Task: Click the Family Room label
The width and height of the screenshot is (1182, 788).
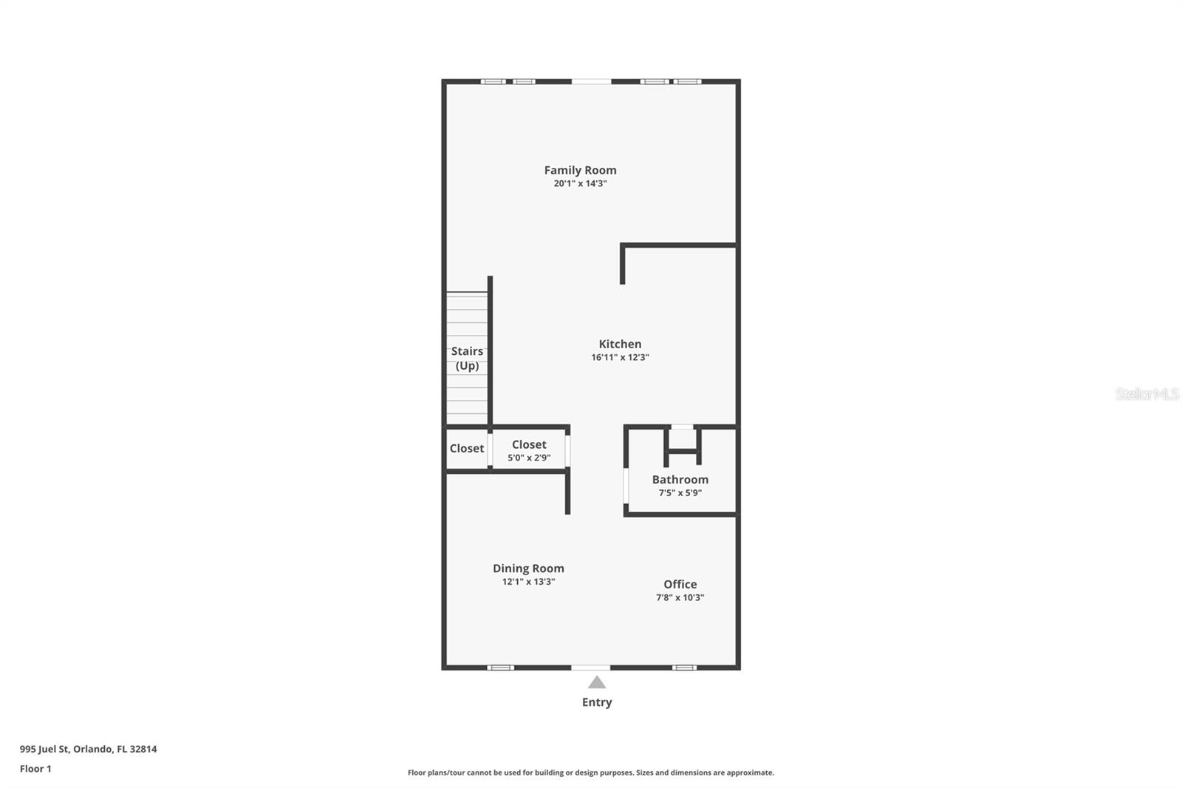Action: [x=580, y=170]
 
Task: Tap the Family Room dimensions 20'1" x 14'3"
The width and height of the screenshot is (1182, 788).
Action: [x=580, y=183]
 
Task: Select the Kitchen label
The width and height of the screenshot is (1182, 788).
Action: [x=620, y=344]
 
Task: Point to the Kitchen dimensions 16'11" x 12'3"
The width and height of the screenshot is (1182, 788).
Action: [x=620, y=357]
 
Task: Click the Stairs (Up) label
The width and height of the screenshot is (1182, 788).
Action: [x=467, y=359]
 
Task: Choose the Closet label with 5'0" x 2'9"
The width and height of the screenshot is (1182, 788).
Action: [x=529, y=444]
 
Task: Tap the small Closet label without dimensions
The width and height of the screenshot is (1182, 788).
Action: [x=467, y=448]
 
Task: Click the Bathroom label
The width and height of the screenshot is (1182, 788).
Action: [x=680, y=480]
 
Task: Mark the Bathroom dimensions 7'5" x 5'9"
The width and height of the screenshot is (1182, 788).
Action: [x=680, y=493]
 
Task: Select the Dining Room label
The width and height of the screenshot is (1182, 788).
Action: [x=528, y=568]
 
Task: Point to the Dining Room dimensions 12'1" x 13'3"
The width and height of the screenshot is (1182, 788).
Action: [x=528, y=582]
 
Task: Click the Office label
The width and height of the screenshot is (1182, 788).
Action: [x=680, y=584]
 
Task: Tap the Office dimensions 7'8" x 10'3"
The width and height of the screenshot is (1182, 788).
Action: [x=680, y=597]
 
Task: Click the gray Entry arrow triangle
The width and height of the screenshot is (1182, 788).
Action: [x=597, y=682]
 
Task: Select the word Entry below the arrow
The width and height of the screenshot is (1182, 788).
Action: [x=597, y=702]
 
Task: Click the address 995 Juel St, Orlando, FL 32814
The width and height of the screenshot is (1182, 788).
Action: [x=88, y=749]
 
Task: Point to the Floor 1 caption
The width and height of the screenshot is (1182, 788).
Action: [x=35, y=769]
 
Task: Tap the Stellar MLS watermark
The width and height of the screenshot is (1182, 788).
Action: [x=1147, y=394]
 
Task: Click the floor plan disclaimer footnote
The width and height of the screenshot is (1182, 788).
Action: [x=591, y=772]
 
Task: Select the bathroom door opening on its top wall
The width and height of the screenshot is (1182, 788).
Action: [x=682, y=427]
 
